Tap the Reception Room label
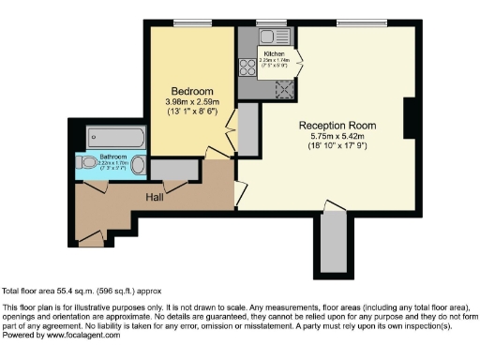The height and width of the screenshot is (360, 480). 337,125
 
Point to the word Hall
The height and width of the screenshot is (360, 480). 156,198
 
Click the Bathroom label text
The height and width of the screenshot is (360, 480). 113,156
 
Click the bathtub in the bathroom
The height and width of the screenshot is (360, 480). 116,137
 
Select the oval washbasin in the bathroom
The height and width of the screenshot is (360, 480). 138,166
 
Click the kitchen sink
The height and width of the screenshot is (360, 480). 253,39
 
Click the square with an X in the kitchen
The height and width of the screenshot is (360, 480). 284,87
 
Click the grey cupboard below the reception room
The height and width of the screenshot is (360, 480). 332,242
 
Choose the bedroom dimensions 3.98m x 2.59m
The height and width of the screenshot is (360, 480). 191,101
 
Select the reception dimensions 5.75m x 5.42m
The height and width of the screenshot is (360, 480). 337,137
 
